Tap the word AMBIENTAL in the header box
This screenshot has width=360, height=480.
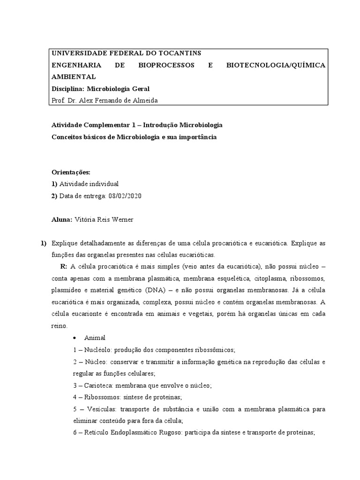74,76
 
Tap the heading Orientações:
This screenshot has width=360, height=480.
70,172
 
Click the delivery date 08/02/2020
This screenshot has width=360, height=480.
125,195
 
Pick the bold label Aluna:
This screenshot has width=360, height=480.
62,219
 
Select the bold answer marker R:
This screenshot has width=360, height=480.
64,267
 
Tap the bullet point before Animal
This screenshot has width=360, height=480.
75,337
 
